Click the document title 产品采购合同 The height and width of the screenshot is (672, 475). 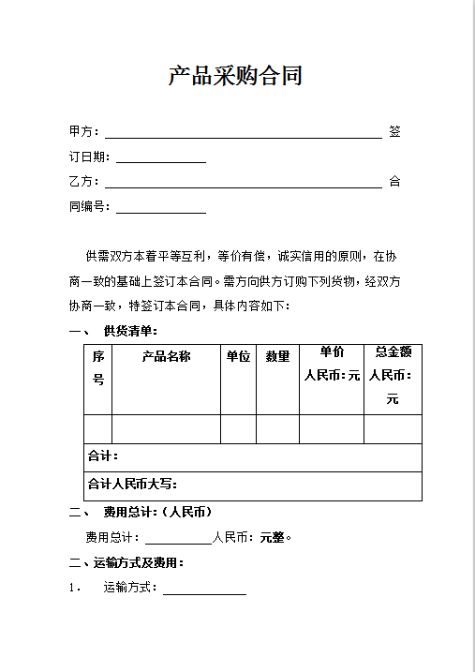(x=235, y=76)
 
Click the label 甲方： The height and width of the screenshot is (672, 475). (x=83, y=131)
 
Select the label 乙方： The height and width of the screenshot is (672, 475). (x=83, y=182)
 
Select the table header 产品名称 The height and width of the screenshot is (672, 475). (x=166, y=356)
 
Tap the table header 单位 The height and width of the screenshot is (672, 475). (x=238, y=356)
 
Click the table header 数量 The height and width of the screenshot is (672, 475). (x=277, y=356)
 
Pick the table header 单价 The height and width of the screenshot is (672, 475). (x=332, y=352)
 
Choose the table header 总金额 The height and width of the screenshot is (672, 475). (x=393, y=352)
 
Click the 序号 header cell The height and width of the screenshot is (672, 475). (x=98, y=367)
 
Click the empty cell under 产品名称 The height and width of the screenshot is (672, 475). (x=166, y=428)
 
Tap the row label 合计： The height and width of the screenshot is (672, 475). (x=102, y=456)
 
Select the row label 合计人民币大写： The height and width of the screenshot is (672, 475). (x=132, y=485)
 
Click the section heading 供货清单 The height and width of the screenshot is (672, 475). (x=130, y=331)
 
